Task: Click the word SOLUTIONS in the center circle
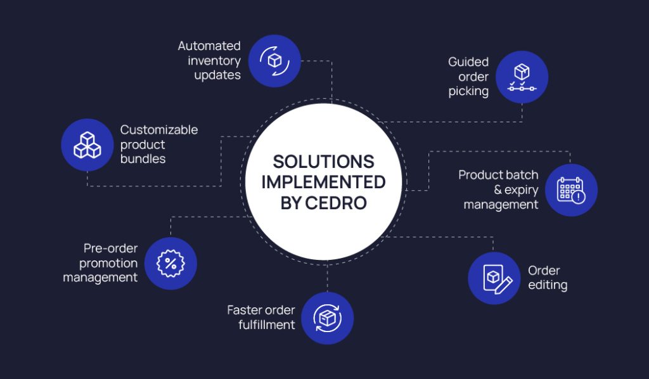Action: (x=323, y=162)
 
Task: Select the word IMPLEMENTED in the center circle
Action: (x=323, y=182)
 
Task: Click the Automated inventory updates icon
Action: (x=274, y=61)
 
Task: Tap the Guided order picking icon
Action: (x=522, y=77)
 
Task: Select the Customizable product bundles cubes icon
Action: (x=87, y=145)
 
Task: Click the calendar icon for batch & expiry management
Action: (x=571, y=190)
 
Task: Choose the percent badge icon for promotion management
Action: (x=170, y=263)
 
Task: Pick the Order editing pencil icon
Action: (x=494, y=278)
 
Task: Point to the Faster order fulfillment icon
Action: (x=327, y=318)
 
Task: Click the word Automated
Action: (x=209, y=46)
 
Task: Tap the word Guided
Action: (x=468, y=62)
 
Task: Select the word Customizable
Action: (x=159, y=130)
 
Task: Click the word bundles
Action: (x=143, y=159)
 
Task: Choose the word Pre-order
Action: (x=110, y=248)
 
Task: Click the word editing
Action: (x=548, y=285)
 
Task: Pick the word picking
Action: (x=468, y=91)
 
